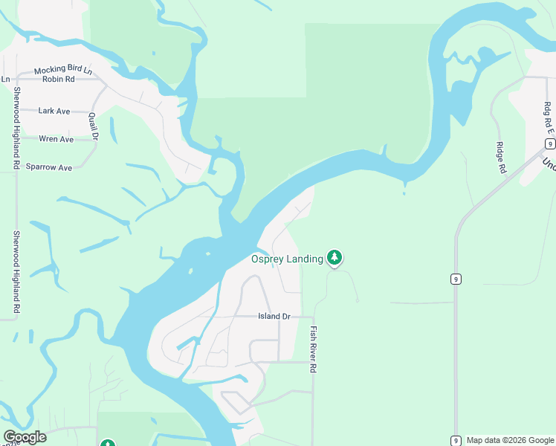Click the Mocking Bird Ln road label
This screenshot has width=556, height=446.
pos(62,70)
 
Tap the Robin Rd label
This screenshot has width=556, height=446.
pos(59,79)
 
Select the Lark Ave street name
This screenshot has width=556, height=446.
pos(54,111)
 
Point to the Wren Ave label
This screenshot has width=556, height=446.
pos(56,139)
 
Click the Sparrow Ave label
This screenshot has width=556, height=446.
pos(49,167)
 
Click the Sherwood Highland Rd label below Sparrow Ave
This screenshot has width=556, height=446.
pos(16,271)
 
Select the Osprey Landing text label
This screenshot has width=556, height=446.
pos(286,259)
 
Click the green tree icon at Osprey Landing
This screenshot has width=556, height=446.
pos(334,258)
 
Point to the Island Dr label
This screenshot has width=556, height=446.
pos(274,316)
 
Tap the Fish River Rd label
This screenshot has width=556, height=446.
pos(314,349)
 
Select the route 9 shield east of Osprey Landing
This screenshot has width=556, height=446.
pos(455,279)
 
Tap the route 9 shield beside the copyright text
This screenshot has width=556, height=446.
pos(455,440)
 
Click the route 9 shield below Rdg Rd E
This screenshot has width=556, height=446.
pos(549,143)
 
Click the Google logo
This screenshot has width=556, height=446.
pos(25,437)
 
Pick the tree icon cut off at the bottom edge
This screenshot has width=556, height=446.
pos(107,443)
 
